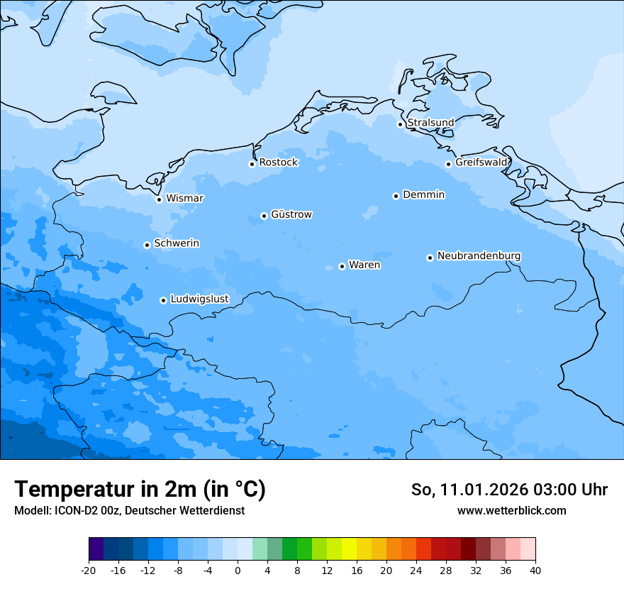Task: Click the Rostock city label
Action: point(278,163)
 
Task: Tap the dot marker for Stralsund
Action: point(400,124)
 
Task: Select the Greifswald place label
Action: point(481,163)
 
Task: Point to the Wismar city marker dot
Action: point(159,199)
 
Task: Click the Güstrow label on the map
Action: point(291,214)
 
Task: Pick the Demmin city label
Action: point(423,194)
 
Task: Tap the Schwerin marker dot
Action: point(147,245)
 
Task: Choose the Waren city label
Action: point(364,265)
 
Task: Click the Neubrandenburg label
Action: point(479,255)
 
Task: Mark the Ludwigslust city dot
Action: point(163,300)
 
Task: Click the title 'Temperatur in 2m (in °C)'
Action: point(140,490)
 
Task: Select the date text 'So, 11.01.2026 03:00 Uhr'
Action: point(509,490)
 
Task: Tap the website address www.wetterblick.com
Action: point(511,511)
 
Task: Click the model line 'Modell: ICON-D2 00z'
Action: point(128,511)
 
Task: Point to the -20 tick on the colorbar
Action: point(89,571)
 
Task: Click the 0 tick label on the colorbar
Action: point(238,571)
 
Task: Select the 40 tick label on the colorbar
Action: point(535,571)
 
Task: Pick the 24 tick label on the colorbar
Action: point(416,571)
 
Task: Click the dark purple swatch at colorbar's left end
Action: point(96,549)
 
